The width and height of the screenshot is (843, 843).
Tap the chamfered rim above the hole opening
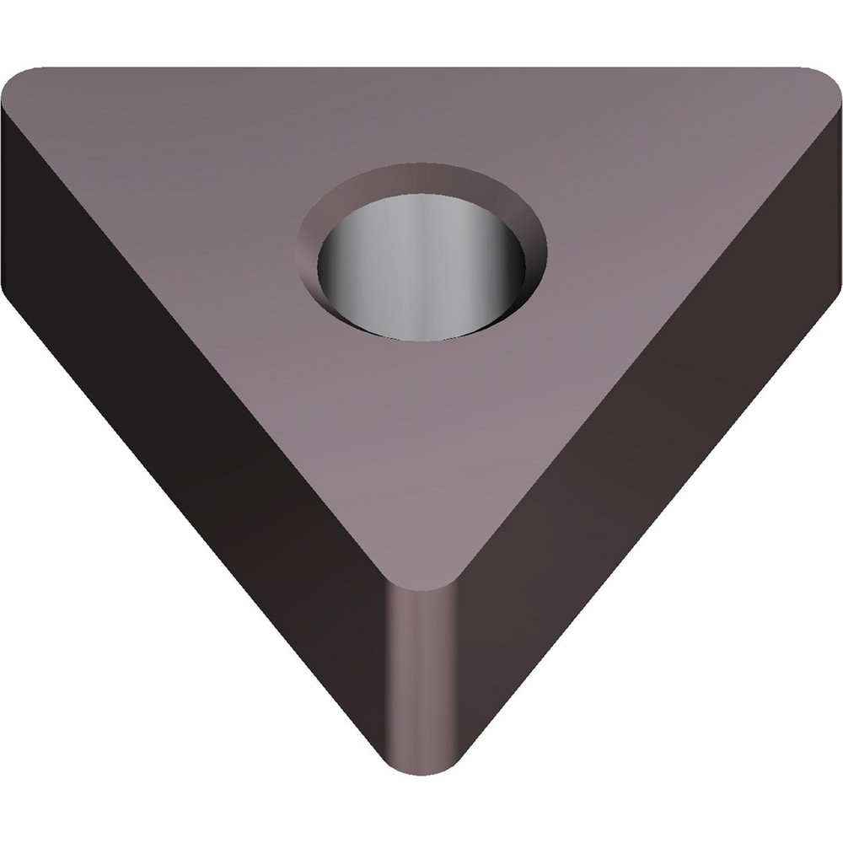(x=421, y=180)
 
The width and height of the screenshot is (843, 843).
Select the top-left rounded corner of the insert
(x=25, y=80)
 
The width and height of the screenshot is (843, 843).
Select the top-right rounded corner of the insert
(x=818, y=80)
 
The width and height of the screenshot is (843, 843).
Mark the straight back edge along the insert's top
(x=421, y=68)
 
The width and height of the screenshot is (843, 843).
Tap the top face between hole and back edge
(x=421, y=118)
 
